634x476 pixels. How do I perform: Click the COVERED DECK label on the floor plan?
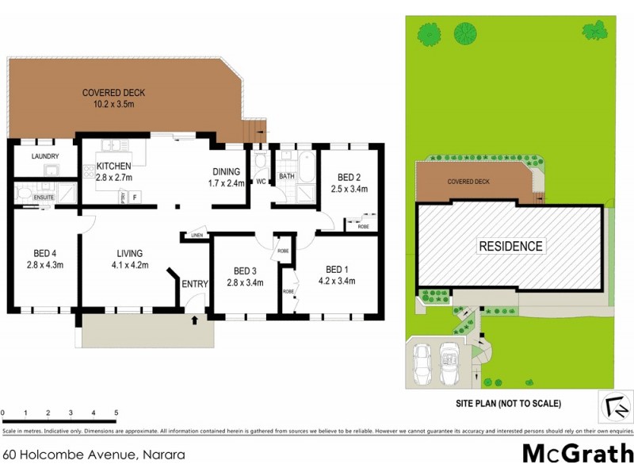tap(113, 93)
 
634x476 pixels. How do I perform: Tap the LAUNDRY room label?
tap(45, 156)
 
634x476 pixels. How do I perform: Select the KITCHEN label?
tap(114, 166)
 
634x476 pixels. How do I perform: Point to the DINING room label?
tap(226, 171)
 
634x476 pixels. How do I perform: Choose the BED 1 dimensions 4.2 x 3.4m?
tap(336, 281)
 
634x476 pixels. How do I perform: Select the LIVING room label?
tap(128, 253)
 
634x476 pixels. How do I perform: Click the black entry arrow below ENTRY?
tap(194, 321)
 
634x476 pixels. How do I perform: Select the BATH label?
tap(286, 176)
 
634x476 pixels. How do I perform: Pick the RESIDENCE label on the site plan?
tap(510, 246)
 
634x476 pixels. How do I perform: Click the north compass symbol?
tap(614, 408)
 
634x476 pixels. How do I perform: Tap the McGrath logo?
tap(577, 454)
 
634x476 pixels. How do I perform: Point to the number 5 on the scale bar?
tap(116, 413)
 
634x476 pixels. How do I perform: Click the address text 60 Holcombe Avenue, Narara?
tap(94, 455)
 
